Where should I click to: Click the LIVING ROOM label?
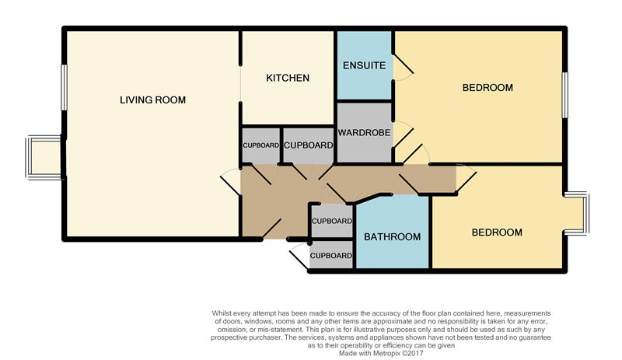pos(152,100)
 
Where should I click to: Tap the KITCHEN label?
pos(288,78)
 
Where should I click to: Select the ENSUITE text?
pos(364,65)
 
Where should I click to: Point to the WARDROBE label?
pos(364,132)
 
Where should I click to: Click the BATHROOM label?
pos(393,237)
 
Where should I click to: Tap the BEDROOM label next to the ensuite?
pos(487,87)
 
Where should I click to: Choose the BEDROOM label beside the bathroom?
pos(497,232)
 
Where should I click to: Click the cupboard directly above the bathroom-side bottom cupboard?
pos(332,221)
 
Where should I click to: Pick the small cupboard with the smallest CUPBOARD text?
pos(260,145)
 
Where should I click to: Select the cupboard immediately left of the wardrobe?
pos(308,145)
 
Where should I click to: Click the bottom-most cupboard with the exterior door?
pos(331,255)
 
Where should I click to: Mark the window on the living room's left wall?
pos(64,87)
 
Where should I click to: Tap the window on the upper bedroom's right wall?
pos(565,95)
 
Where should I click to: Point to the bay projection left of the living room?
pos(44,157)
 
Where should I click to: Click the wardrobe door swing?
pos(404,135)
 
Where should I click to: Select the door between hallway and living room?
pos(230,182)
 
